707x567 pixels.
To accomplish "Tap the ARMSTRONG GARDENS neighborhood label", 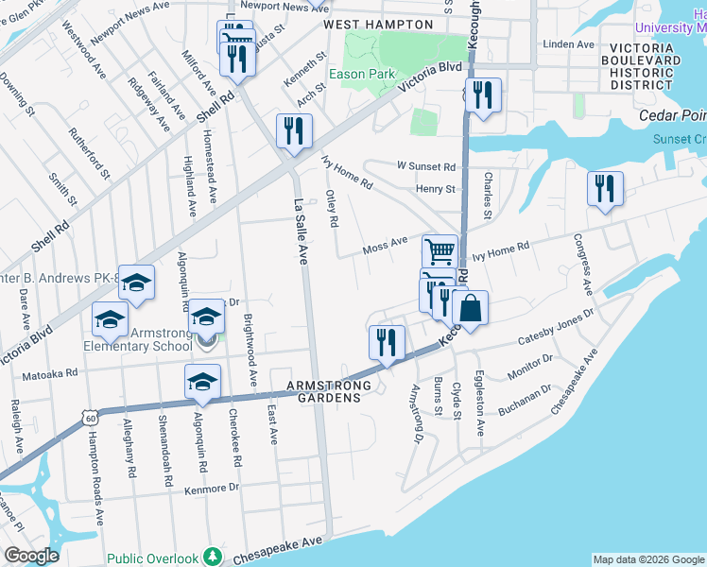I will pos(325,391).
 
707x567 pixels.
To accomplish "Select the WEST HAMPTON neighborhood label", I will pos(370,24).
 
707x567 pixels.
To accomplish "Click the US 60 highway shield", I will pos(89,416).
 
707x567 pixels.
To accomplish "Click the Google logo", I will pos(31,556).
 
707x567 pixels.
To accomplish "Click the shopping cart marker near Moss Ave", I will pos(440,252).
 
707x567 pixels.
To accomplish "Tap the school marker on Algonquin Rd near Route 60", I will pos(201,382).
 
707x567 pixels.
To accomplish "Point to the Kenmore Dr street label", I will pos(207,489).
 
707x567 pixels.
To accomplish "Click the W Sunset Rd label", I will pos(425,166).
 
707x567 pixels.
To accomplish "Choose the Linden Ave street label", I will pos(570,44).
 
